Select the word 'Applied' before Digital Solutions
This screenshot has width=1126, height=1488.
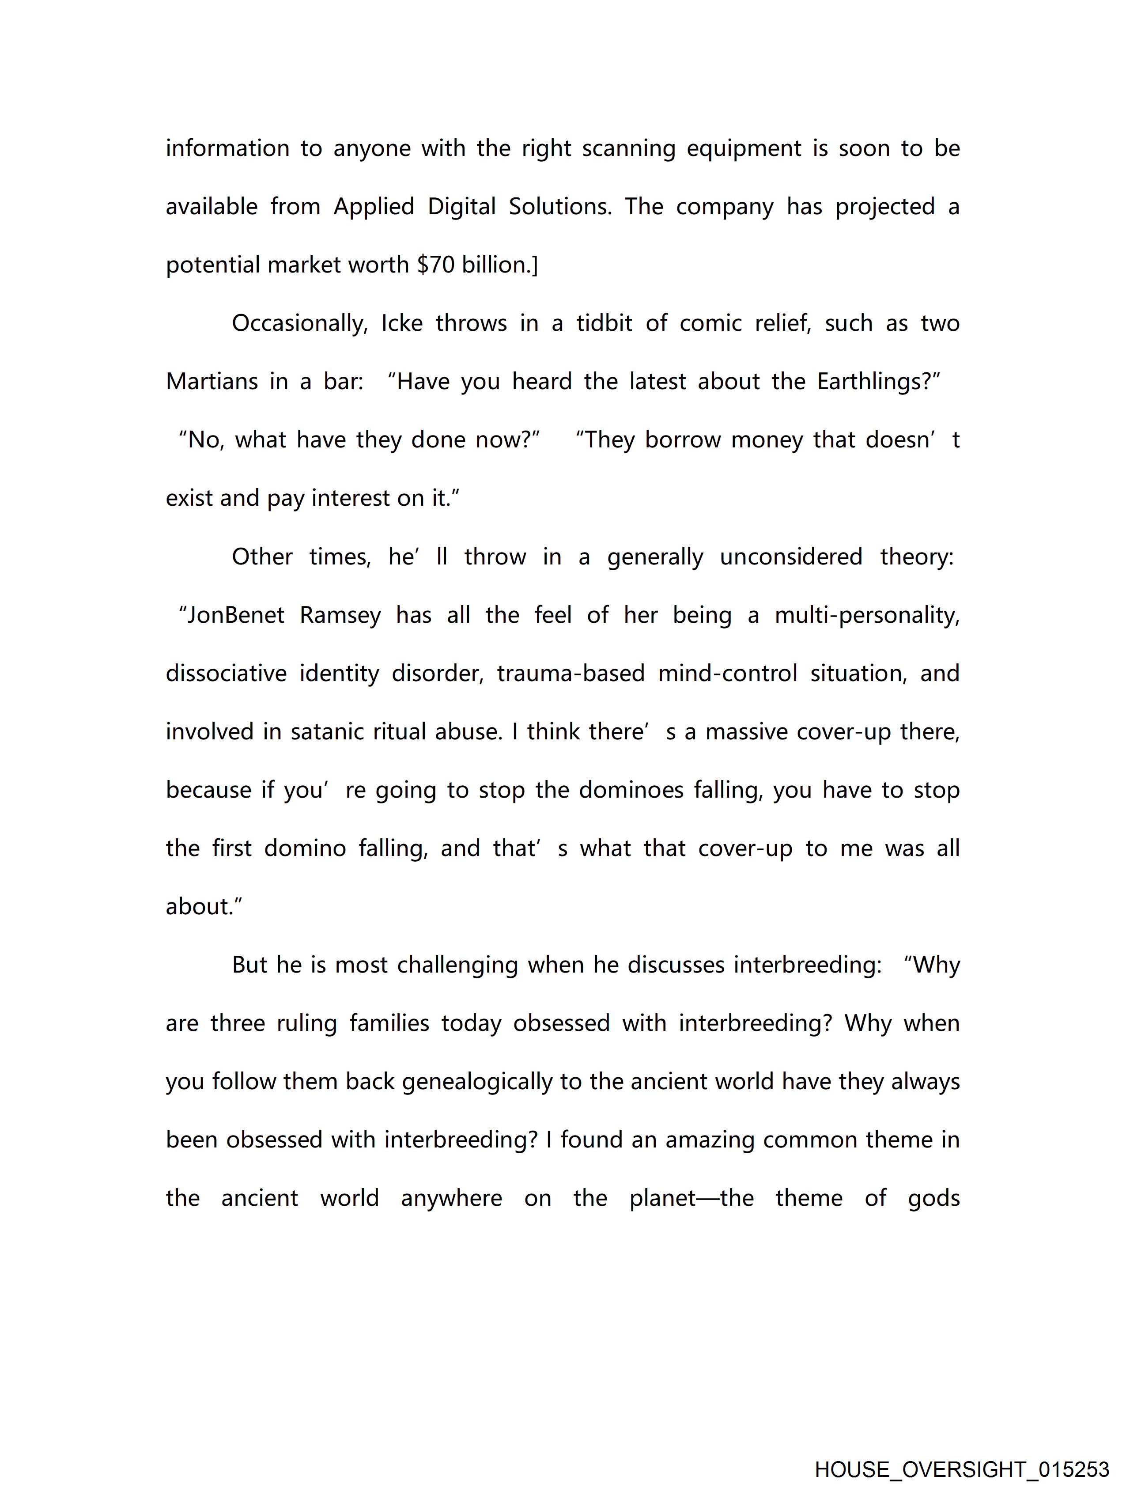tap(374, 207)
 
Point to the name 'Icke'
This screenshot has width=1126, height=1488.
tap(401, 324)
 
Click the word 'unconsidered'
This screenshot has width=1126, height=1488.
tap(791, 557)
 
